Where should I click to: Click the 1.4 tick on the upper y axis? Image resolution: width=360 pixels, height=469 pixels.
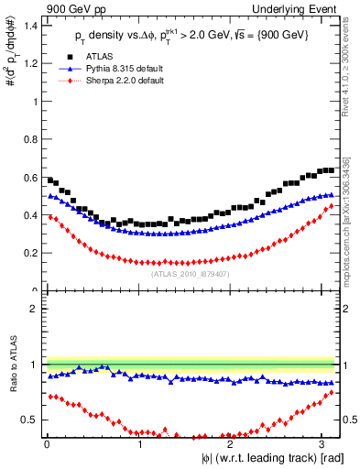[x=31, y=26]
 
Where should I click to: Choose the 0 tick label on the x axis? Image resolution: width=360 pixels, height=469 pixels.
[x=47, y=443]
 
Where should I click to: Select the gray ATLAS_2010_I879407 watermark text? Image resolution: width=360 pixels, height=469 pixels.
[x=191, y=273]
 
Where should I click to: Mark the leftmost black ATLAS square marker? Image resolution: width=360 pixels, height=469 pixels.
[x=50, y=180]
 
